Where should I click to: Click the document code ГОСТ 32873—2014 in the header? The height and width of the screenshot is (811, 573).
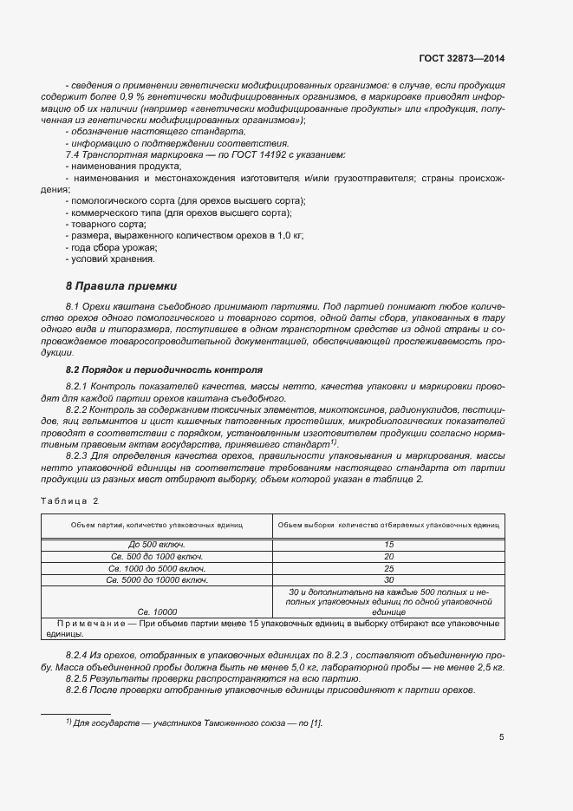pos(461,59)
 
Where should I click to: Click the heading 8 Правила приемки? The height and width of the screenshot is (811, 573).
pos(121,285)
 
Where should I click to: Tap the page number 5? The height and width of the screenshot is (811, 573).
pos(502,737)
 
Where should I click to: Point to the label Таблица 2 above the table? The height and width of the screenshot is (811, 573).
pos(70,500)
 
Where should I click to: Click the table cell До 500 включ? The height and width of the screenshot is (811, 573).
pos(155,544)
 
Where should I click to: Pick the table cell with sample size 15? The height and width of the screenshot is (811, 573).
pos(388,544)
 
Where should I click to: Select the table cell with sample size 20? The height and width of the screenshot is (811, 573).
pos(388,556)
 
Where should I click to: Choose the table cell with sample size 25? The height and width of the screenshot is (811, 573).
pos(388,567)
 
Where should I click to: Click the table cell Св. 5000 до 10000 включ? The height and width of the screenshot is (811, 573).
pos(155,579)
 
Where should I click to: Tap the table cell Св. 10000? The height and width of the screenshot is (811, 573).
pos(155,612)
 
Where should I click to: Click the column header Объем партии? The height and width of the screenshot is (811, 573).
pos(156,526)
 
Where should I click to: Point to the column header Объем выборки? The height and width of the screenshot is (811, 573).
pos(387,526)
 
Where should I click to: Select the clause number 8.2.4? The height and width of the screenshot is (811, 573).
pos(79,655)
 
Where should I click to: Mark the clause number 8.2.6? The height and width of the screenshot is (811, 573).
pos(79,690)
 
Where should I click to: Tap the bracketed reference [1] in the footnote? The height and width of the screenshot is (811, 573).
pos(316,723)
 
